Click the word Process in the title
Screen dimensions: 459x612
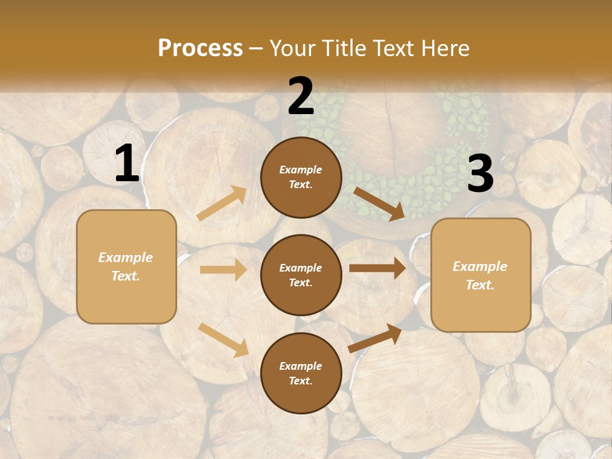(200, 48)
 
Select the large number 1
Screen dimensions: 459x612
(127, 164)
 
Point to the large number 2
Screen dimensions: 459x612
(301, 97)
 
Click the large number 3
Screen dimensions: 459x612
(480, 174)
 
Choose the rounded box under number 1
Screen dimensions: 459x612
(126, 266)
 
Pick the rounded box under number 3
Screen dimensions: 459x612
(481, 275)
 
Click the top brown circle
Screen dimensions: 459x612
(301, 177)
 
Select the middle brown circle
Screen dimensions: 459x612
(301, 275)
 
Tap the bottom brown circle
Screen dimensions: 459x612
(301, 373)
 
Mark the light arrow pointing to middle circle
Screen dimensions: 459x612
(223, 270)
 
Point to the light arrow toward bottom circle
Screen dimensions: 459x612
(224, 340)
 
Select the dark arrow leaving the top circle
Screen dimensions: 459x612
(379, 204)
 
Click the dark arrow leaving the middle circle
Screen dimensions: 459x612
(377, 268)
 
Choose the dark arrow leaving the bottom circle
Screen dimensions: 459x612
(375, 338)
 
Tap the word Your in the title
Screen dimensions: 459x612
(291, 48)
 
